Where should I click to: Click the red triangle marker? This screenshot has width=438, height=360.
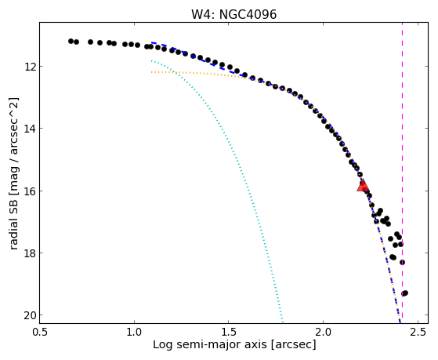[x=363, y=186]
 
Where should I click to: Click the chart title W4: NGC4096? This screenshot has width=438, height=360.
[x=233, y=15]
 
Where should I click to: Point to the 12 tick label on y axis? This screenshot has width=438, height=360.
[x=29, y=67]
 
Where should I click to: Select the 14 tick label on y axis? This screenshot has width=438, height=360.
[x=29, y=129]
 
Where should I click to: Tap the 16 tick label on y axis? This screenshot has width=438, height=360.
[x=29, y=191]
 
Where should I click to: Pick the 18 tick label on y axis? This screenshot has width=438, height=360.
[x=29, y=253]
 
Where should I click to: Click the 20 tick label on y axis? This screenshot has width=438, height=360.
[x=29, y=315]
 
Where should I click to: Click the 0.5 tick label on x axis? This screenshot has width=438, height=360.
[x=40, y=332]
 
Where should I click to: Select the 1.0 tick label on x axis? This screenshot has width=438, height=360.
[x=134, y=332]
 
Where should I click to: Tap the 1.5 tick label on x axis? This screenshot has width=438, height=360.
[x=229, y=332]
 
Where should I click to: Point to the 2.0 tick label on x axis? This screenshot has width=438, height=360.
[x=323, y=332]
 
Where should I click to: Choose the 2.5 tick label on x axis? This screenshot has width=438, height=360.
[x=418, y=332]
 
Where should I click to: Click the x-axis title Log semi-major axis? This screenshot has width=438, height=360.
[x=210, y=344]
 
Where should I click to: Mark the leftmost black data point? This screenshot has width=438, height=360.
[x=71, y=41]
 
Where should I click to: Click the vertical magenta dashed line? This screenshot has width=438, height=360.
[x=402, y=173]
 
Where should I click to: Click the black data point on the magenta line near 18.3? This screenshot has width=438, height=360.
[x=402, y=263]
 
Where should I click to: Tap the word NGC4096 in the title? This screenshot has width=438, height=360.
[x=248, y=15]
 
